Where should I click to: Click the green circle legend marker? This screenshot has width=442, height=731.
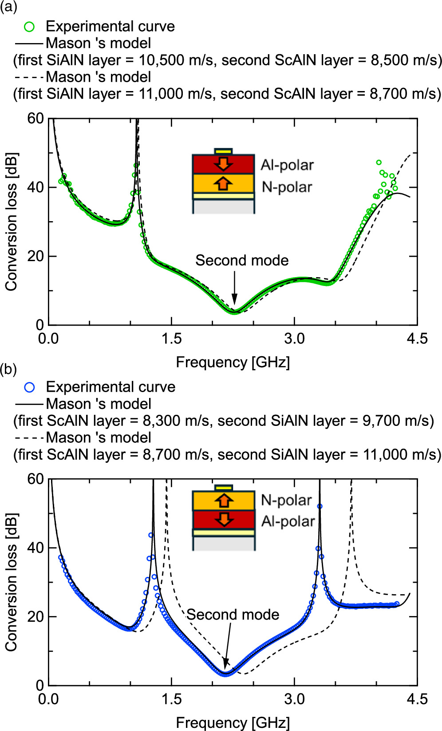pos(29,27)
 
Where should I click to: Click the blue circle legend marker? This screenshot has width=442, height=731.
pos(29,387)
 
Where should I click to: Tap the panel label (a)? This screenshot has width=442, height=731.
pos(9,8)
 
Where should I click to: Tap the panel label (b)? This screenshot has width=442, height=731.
pos(9,369)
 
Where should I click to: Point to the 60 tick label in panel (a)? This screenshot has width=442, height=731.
pos(36,118)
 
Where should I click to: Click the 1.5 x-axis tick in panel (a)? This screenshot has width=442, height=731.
pos(171,339)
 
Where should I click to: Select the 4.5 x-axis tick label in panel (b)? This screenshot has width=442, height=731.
pos(417,699)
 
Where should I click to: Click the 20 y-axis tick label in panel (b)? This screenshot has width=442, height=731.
pos(36,616)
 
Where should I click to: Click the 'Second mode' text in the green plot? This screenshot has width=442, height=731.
pos(242,260)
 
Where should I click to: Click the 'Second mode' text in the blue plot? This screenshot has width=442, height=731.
pos(233,615)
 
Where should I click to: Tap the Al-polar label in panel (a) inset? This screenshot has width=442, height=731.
pos(287,165)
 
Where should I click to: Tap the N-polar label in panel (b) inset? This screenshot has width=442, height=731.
pos(286,501)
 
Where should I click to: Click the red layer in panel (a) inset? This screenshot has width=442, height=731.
pos(223,164)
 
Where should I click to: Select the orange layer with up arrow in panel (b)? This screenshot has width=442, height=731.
pos(223,501)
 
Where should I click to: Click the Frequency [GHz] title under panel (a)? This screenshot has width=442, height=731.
pos(233,362)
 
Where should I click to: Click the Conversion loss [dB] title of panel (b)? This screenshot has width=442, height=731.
pos(12,582)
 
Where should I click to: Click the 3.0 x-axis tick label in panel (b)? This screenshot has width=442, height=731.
pos(294,699)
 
